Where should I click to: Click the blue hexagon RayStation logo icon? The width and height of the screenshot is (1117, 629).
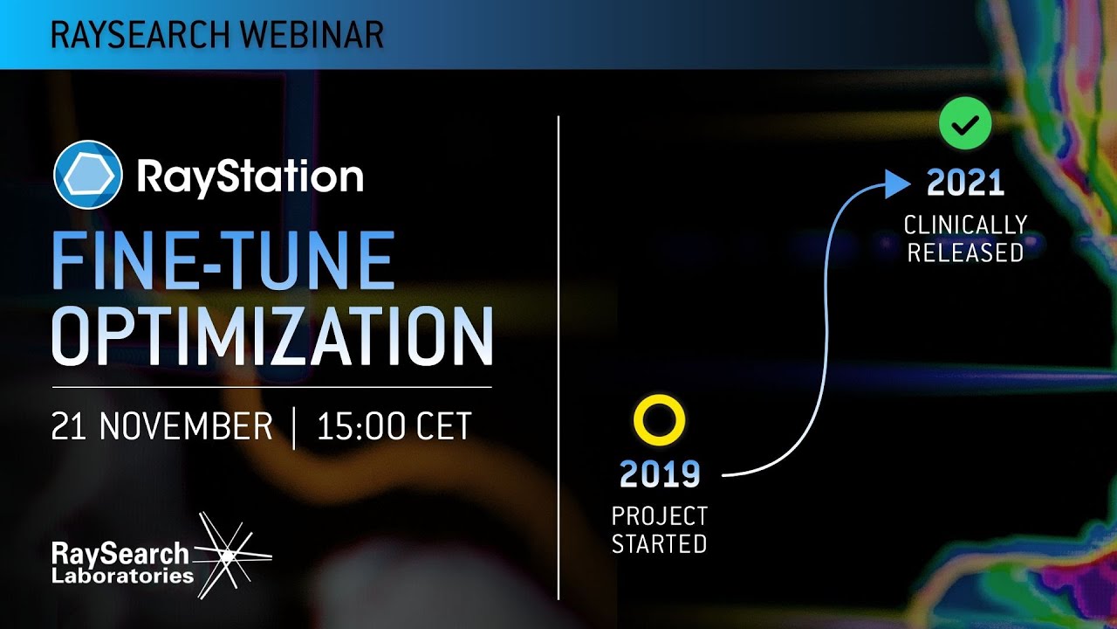87,175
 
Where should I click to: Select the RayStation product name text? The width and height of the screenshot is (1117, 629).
250,176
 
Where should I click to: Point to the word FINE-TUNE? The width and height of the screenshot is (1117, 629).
223,261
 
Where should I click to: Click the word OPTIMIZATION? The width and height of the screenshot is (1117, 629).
272,336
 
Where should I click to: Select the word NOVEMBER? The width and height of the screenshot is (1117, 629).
186,426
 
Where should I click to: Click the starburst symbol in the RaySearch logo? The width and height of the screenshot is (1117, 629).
229,554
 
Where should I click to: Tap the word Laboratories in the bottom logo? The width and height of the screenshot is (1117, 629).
122,576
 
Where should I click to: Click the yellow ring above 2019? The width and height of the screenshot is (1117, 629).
659,421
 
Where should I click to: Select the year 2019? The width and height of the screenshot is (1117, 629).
660,473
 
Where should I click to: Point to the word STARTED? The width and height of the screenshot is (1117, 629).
659,544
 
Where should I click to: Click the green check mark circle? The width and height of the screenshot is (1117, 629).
964,125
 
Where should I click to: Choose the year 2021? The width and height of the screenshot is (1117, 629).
965,183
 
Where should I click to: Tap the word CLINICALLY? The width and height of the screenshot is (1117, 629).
965,225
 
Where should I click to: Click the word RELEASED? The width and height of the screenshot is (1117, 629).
965,252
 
